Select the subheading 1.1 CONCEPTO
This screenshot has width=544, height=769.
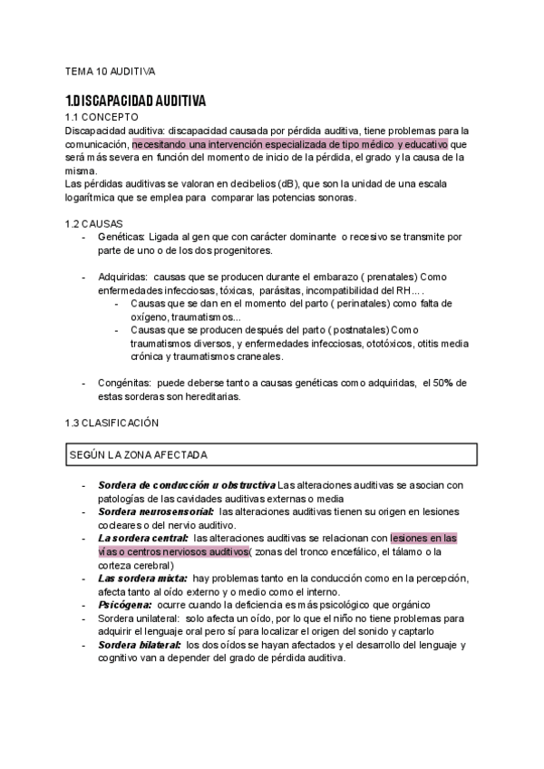[102, 117]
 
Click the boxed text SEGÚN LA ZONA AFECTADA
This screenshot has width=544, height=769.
[139, 453]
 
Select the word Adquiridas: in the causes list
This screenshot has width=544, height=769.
[123, 277]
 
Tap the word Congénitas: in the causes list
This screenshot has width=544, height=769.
[125, 383]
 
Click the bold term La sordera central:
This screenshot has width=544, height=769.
[142, 538]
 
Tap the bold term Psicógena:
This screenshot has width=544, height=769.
[124, 605]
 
